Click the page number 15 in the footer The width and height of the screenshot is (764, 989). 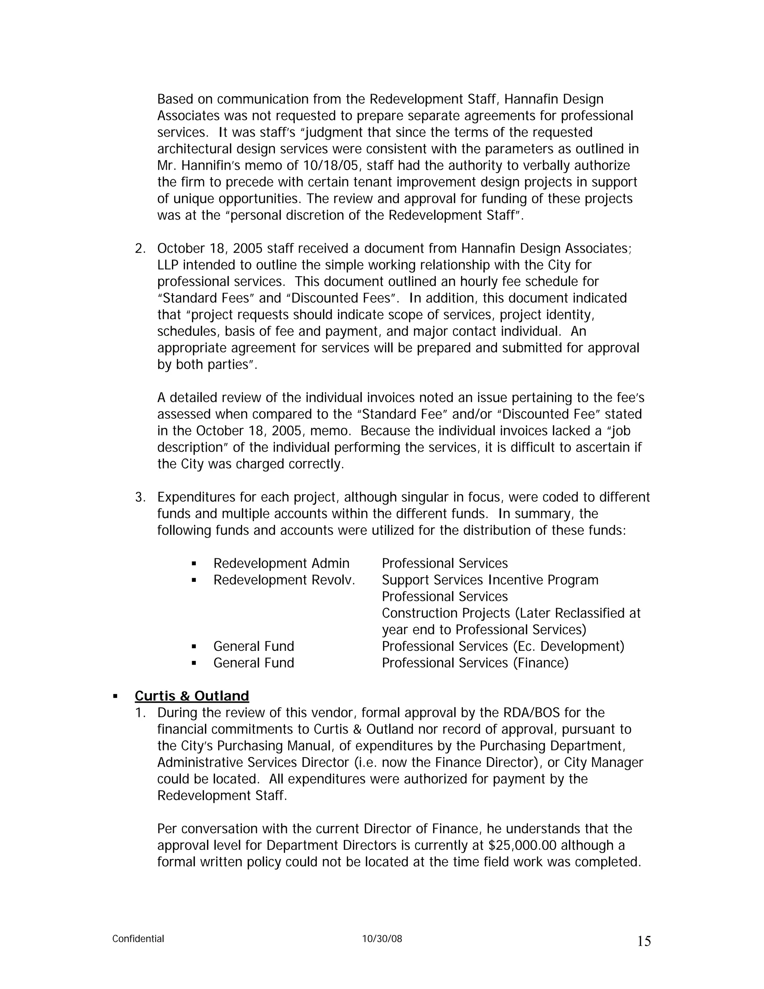coord(644,942)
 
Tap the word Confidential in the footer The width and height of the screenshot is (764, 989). coord(138,939)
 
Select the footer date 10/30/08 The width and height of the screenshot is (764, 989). coord(382,939)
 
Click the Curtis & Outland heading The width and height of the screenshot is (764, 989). coord(192,696)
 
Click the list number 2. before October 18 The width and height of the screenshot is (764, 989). coord(140,249)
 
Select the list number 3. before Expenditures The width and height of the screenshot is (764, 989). coord(140,497)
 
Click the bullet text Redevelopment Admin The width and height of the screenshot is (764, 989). coord(281,563)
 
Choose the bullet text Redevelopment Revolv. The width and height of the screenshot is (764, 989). coord(284,580)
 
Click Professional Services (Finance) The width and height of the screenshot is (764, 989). coord(475,663)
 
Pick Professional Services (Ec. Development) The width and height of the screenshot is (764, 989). coord(503,646)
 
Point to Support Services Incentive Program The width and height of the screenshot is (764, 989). coord(490,580)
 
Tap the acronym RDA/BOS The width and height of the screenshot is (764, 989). coord(531,713)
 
